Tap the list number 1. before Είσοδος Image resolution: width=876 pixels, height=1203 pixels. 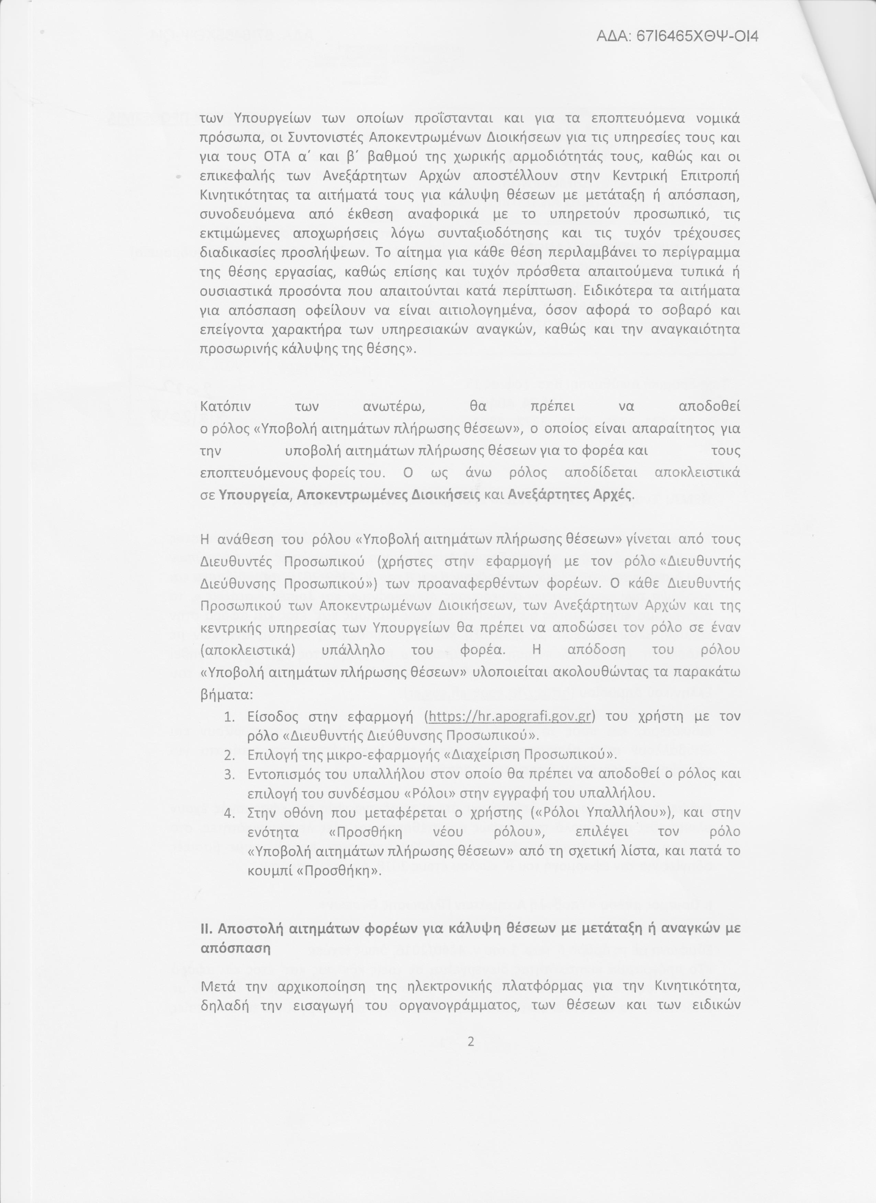(229, 716)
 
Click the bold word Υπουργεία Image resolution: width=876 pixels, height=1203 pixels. (254, 494)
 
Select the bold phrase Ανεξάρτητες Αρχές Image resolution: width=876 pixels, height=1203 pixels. (570, 494)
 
